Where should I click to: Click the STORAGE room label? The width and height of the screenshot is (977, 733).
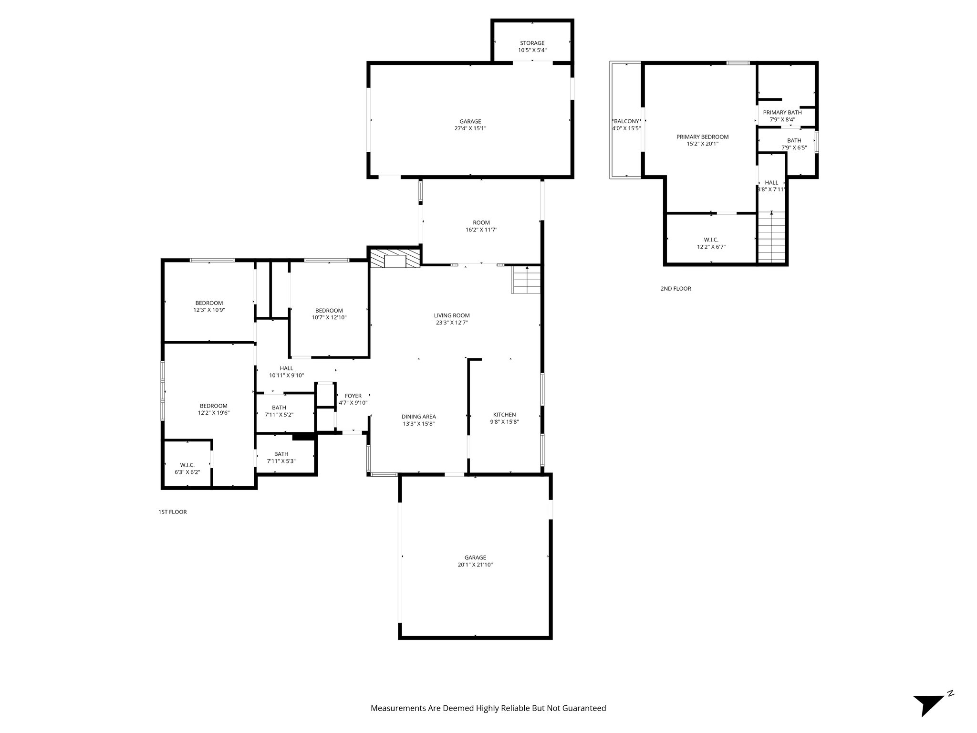point(532,43)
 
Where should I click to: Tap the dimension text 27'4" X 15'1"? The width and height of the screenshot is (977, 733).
point(470,128)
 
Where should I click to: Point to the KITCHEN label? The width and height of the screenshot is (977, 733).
point(504,415)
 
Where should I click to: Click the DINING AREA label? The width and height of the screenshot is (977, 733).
point(418,417)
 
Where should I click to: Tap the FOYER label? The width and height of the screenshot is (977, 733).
point(353,396)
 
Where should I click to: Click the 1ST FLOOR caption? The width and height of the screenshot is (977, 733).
point(172,512)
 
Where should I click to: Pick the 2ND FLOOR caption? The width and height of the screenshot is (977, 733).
point(676,289)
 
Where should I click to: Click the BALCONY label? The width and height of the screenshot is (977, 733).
point(626,121)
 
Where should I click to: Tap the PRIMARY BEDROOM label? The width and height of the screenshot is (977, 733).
point(702,137)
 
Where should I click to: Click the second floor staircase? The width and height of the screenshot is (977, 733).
point(771,237)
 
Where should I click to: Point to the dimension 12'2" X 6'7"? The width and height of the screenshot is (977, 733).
point(711,247)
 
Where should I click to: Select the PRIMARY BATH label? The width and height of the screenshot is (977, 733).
point(782,113)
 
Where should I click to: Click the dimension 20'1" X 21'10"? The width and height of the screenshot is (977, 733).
point(475,565)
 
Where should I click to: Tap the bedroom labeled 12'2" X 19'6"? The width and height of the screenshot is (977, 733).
point(213,406)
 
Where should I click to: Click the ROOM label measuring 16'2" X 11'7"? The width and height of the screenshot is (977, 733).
point(481,222)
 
